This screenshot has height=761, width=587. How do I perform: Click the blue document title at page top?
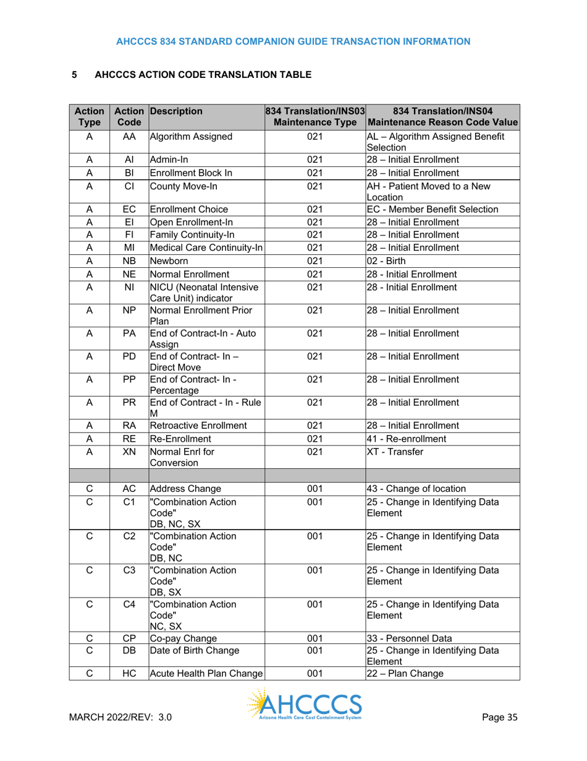point(293,41)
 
